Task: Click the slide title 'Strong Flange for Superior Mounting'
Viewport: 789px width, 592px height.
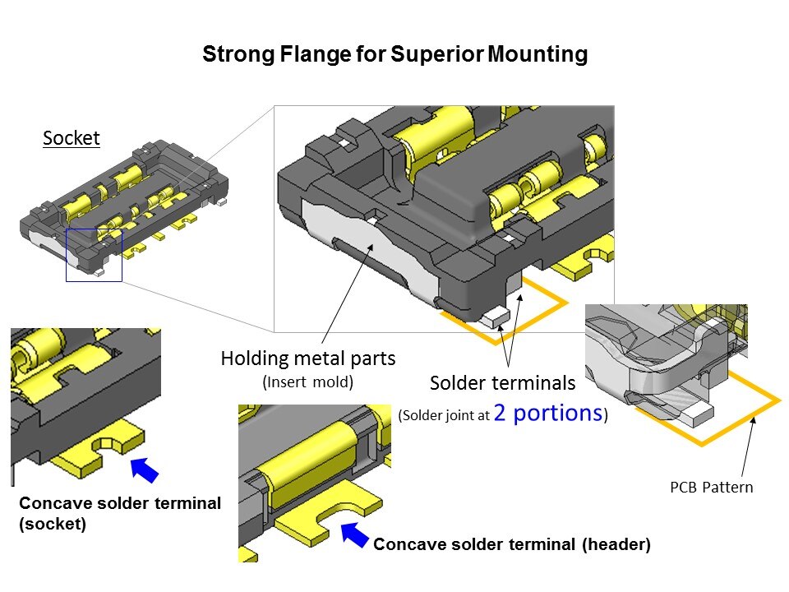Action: click(x=394, y=55)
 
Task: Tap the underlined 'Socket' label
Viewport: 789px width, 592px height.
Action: click(x=72, y=138)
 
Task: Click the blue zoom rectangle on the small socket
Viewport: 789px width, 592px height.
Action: click(x=94, y=256)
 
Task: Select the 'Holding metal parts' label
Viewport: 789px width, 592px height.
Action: click(x=307, y=358)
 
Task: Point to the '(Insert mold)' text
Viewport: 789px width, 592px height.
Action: click(x=307, y=382)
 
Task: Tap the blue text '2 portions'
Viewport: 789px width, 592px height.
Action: click(x=548, y=413)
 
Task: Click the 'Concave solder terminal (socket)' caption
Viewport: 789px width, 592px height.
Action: click(x=119, y=513)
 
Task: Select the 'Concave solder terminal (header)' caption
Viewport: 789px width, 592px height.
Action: click(x=512, y=544)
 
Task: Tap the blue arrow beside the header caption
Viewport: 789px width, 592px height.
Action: click(x=355, y=534)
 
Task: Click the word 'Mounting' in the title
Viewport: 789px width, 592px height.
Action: click(x=538, y=55)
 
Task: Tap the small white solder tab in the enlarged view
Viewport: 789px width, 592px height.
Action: click(x=496, y=315)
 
